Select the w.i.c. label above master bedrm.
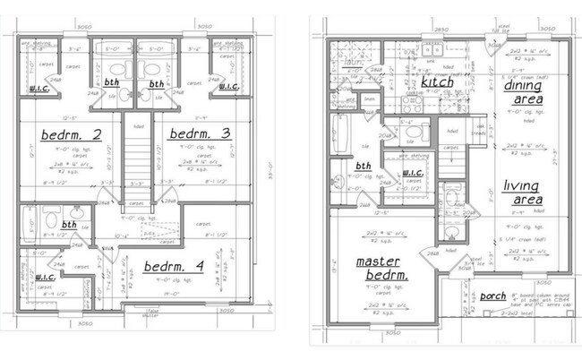click(x=412, y=174)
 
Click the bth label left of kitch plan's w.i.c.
click(x=364, y=166)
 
